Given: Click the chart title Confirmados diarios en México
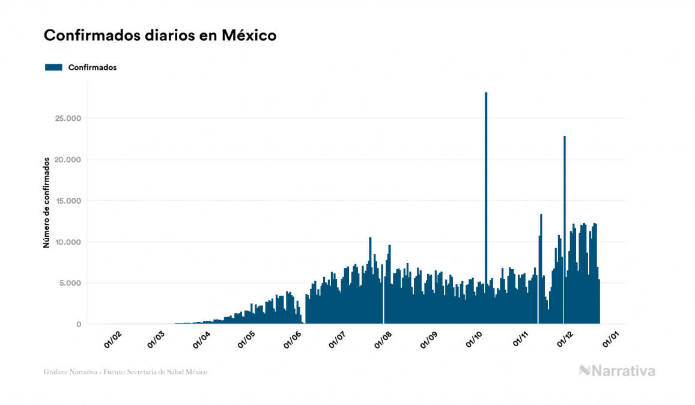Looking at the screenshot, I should pyautogui.click(x=160, y=35).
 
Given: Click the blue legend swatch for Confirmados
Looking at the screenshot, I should pyautogui.click(x=53, y=67).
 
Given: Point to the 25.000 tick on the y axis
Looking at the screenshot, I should pyautogui.click(x=67, y=118).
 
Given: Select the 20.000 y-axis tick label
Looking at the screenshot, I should pyautogui.click(x=67, y=159).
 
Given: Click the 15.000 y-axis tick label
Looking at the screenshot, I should pyautogui.click(x=67, y=201).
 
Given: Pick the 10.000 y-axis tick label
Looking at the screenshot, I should pyautogui.click(x=67, y=242).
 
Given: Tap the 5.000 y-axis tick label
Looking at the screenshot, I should pyautogui.click(x=69, y=283).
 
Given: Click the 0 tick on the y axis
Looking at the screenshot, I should pyautogui.click(x=78, y=324).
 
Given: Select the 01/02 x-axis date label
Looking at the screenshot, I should pyautogui.click(x=113, y=340).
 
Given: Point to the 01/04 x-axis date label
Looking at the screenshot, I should pyautogui.click(x=202, y=340).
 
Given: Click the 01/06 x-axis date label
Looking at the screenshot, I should pyautogui.click(x=292, y=340).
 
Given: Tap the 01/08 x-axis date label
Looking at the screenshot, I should pyautogui.click(x=382, y=340).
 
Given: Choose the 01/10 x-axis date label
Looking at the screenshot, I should pyautogui.click(x=474, y=340).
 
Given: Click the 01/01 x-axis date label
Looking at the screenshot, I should pyautogui.click(x=610, y=340).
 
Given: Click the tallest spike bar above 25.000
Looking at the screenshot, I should pyautogui.click(x=486, y=180).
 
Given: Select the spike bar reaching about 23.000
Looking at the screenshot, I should pyautogui.click(x=565, y=210).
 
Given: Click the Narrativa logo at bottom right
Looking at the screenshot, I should pyautogui.click(x=617, y=371).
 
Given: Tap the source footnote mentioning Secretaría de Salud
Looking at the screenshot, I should pyautogui.click(x=126, y=372).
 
